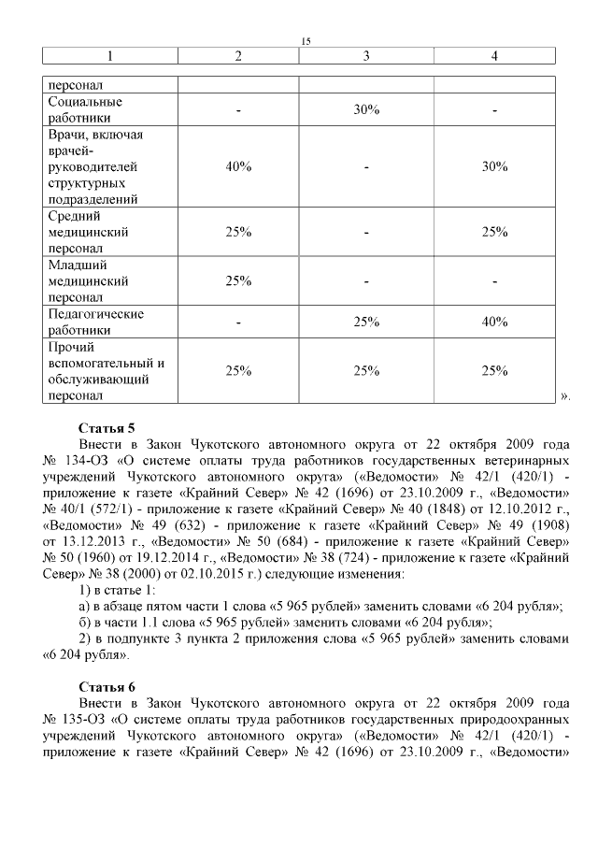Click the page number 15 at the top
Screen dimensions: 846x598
pos(306,40)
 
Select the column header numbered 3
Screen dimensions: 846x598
pos(366,56)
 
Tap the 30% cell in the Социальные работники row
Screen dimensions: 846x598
pos(366,110)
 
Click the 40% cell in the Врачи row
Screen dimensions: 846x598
pos(238,166)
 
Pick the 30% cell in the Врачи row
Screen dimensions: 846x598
pos(494,166)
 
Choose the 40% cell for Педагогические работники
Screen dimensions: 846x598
pos(494,322)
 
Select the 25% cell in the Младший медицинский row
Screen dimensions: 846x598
pos(238,280)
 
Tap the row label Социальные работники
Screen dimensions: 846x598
pos(84,110)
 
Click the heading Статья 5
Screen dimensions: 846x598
pos(107,426)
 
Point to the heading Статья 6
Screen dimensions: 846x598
pos(107,685)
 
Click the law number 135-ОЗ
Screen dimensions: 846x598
pos(81,720)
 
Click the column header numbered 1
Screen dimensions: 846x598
pos(109,56)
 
